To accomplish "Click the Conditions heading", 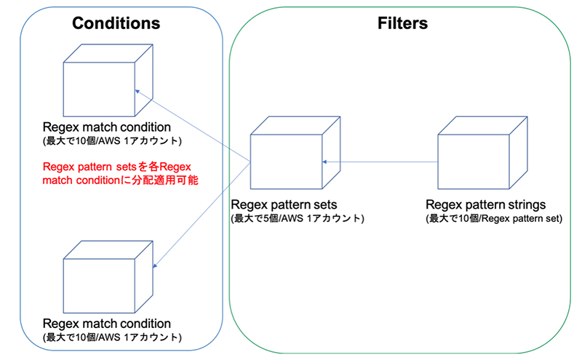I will coord(116,23).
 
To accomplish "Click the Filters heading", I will coord(402,23).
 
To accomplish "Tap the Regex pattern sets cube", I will coord(286,156).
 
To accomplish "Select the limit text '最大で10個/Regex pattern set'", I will coord(493,218).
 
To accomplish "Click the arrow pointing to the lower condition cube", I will coord(204,214).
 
